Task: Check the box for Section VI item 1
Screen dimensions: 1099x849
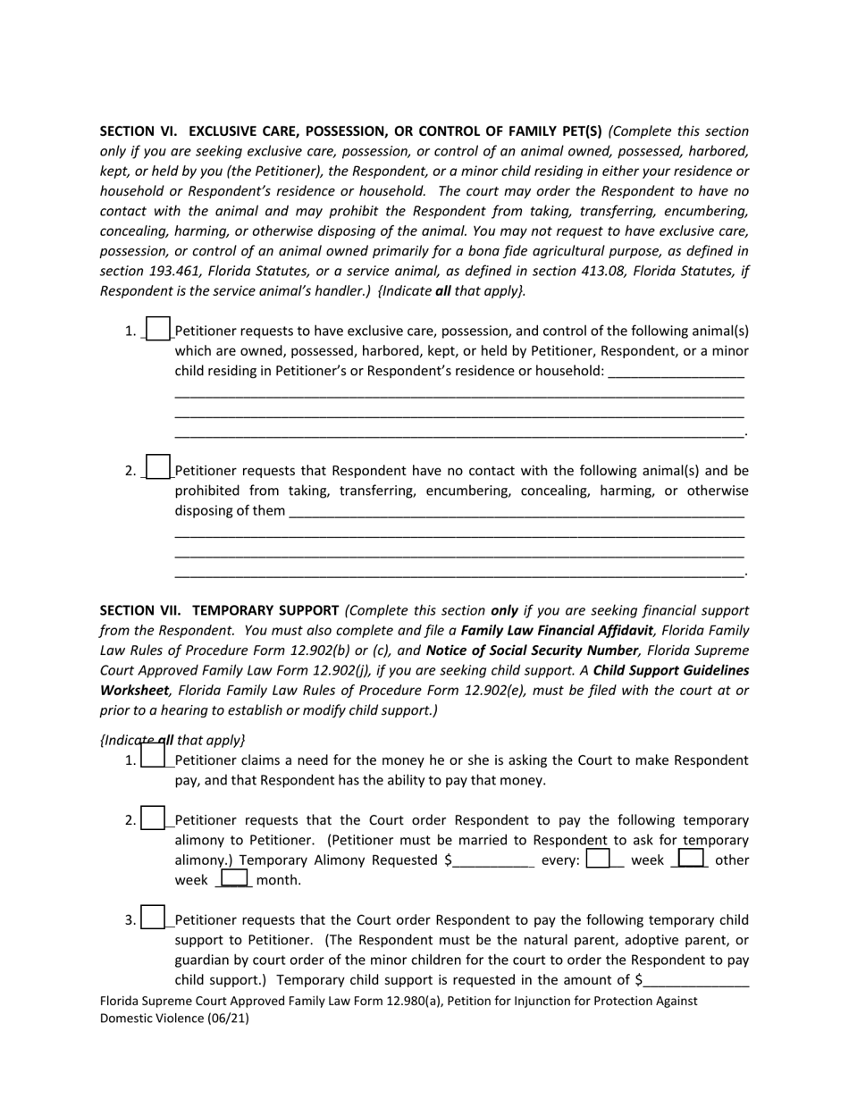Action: (x=157, y=330)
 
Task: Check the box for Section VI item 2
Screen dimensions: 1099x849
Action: (x=157, y=468)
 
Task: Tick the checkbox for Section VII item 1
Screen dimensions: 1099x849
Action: (x=153, y=758)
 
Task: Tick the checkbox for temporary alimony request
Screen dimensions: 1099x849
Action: (x=153, y=818)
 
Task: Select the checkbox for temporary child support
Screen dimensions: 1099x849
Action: (x=153, y=918)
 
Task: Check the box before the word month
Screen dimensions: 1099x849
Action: (x=233, y=879)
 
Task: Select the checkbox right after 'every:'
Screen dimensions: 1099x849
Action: (x=598, y=859)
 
